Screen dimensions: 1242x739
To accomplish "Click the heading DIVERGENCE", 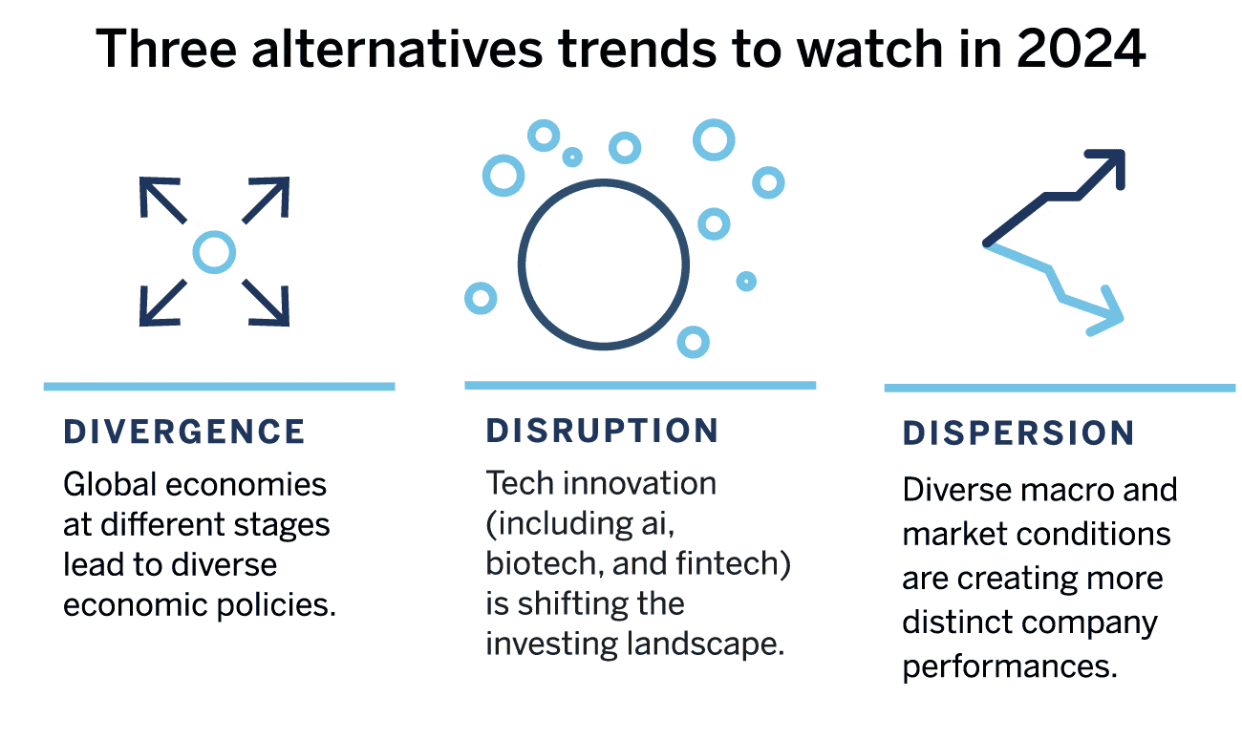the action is click(x=184, y=433).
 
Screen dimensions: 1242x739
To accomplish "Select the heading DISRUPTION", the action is click(x=603, y=431).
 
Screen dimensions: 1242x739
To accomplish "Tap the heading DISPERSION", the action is click(x=1018, y=433).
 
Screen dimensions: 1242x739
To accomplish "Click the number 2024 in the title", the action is click(x=1081, y=49).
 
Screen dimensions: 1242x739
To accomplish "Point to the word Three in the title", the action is click(x=166, y=49).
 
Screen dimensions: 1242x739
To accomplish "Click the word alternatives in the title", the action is click(x=397, y=49).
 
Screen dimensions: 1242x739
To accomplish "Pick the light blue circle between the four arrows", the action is click(x=214, y=252).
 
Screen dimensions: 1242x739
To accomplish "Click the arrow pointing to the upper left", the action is click(x=161, y=200).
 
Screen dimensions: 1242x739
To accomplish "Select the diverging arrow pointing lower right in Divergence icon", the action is click(x=267, y=303).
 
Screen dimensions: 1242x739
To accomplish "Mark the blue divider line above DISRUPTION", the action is click(x=640, y=385).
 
